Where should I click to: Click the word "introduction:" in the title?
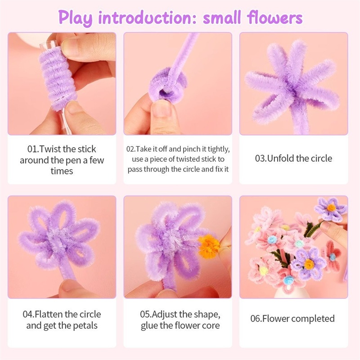[147, 18]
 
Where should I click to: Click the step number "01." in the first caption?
[33, 149]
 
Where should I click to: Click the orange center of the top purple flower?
[331, 208]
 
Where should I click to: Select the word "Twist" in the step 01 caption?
[50, 149]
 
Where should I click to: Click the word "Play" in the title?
[75, 18]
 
